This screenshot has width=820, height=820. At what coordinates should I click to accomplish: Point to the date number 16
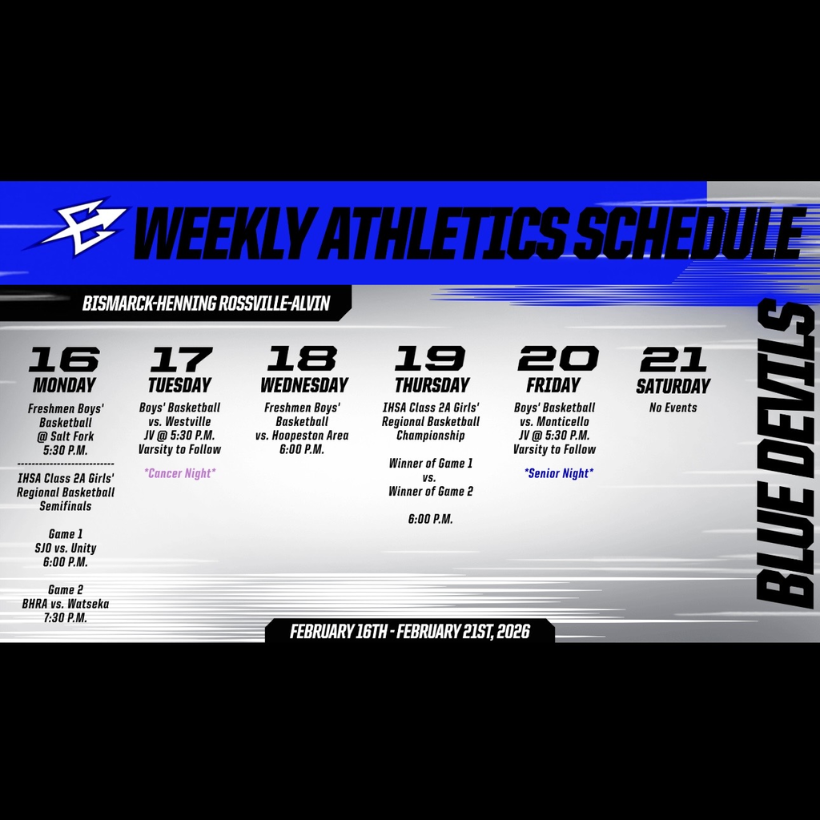(64, 360)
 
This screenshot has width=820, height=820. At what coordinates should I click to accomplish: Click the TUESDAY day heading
(179, 385)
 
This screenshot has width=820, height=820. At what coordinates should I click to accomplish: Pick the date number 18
(303, 359)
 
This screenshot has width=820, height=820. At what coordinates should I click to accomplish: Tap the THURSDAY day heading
(432, 385)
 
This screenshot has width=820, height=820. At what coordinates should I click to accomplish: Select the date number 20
(557, 359)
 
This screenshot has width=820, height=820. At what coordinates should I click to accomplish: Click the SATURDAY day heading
(673, 386)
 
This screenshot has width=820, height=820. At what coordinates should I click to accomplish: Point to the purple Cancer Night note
(179, 473)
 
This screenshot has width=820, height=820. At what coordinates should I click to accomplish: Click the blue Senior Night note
(558, 473)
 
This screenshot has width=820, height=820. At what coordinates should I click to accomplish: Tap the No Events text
(673, 408)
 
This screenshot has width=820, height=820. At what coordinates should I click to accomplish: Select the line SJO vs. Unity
(66, 549)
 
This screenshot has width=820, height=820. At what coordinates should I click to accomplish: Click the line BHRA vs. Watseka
(66, 604)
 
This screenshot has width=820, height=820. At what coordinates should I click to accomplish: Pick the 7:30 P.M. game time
(66, 618)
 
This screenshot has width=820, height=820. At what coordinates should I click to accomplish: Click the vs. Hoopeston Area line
(302, 436)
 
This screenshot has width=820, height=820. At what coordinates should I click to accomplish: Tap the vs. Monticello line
(554, 421)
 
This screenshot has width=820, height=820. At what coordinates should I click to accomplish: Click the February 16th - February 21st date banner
(409, 631)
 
